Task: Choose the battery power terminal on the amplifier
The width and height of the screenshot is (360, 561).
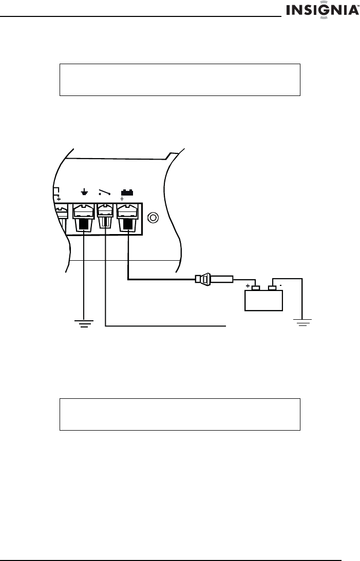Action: (x=127, y=218)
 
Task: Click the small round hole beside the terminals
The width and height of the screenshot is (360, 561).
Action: (x=152, y=218)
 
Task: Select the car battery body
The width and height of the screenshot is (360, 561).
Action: (x=264, y=300)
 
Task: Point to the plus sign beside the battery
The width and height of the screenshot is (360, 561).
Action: (x=248, y=286)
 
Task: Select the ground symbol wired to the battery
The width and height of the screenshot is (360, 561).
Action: (x=303, y=321)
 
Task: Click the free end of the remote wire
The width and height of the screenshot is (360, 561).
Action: (x=225, y=325)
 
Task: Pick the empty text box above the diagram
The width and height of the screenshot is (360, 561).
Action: (x=180, y=80)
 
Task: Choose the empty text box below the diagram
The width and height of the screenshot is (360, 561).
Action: (x=180, y=413)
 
